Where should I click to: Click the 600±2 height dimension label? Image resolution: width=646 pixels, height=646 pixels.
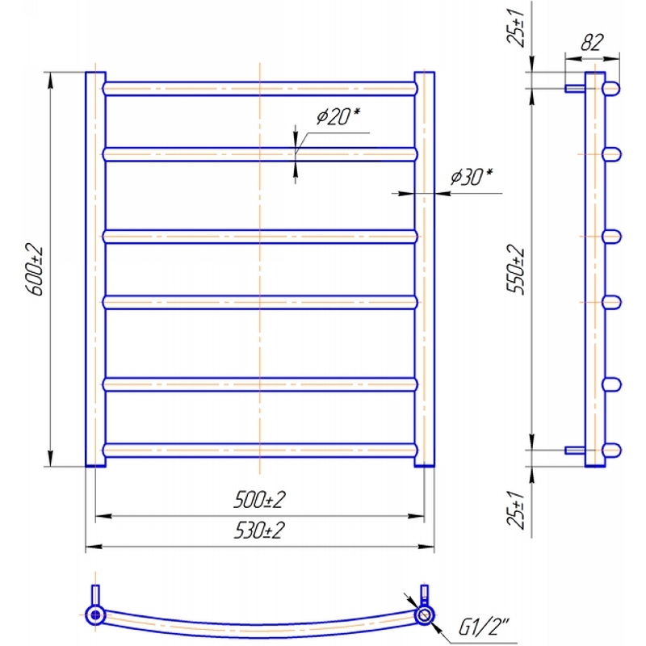(35, 270)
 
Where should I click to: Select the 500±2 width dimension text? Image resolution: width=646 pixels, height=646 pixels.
(259, 500)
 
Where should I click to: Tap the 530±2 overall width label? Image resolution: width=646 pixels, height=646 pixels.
(259, 531)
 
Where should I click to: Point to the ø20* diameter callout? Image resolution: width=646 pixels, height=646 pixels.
(338, 115)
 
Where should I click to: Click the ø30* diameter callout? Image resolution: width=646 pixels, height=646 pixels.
(472, 177)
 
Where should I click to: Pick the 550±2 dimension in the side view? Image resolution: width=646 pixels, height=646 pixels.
(516, 270)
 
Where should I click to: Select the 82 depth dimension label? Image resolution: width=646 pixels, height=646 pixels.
(592, 42)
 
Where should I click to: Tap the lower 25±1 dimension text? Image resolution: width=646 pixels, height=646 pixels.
(516, 510)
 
